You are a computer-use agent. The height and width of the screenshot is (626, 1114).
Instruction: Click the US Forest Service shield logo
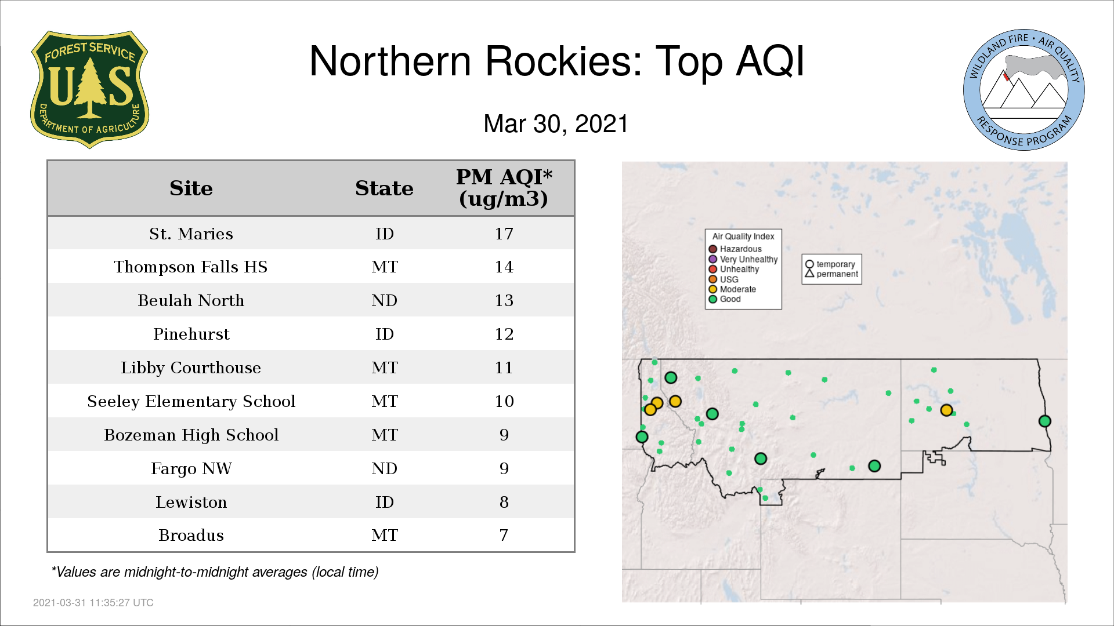[x=89, y=89]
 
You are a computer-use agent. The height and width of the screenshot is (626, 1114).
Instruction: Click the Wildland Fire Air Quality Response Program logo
[x=1024, y=90]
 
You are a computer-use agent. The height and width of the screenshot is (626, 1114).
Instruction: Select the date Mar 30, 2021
[x=556, y=124]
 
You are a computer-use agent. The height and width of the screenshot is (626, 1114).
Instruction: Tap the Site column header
[x=191, y=188]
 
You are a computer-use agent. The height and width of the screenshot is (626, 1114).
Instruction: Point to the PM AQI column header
[x=504, y=188]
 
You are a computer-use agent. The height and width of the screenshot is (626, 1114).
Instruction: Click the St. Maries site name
[x=191, y=234]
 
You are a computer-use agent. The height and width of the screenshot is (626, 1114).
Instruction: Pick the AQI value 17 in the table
[x=504, y=234]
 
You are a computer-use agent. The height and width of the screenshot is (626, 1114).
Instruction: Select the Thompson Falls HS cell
[x=191, y=267]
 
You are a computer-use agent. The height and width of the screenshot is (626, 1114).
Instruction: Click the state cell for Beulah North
[x=384, y=300]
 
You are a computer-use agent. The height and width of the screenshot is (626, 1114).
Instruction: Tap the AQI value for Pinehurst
[x=504, y=334]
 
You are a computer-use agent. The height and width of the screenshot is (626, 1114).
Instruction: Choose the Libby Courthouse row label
[x=191, y=368]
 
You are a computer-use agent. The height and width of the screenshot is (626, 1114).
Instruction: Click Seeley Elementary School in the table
[x=191, y=402]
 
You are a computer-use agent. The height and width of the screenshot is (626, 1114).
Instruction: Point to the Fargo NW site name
[x=191, y=468]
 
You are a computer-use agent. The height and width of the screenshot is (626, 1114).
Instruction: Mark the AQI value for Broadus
[x=504, y=535]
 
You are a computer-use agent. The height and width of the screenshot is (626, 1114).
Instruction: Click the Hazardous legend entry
[x=735, y=249]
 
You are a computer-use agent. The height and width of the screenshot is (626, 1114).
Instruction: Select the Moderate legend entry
[x=732, y=289]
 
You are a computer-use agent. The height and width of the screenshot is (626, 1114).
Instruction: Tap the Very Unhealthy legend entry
[x=743, y=259]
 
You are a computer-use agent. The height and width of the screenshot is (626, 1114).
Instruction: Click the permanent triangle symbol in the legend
[x=809, y=273]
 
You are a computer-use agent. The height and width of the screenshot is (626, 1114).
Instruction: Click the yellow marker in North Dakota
[x=946, y=410]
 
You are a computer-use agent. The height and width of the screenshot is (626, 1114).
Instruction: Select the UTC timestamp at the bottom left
[x=93, y=603]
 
